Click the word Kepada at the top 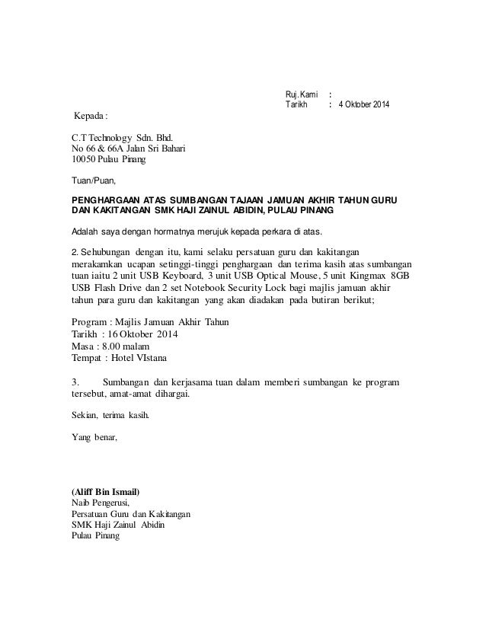tap(88, 117)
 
